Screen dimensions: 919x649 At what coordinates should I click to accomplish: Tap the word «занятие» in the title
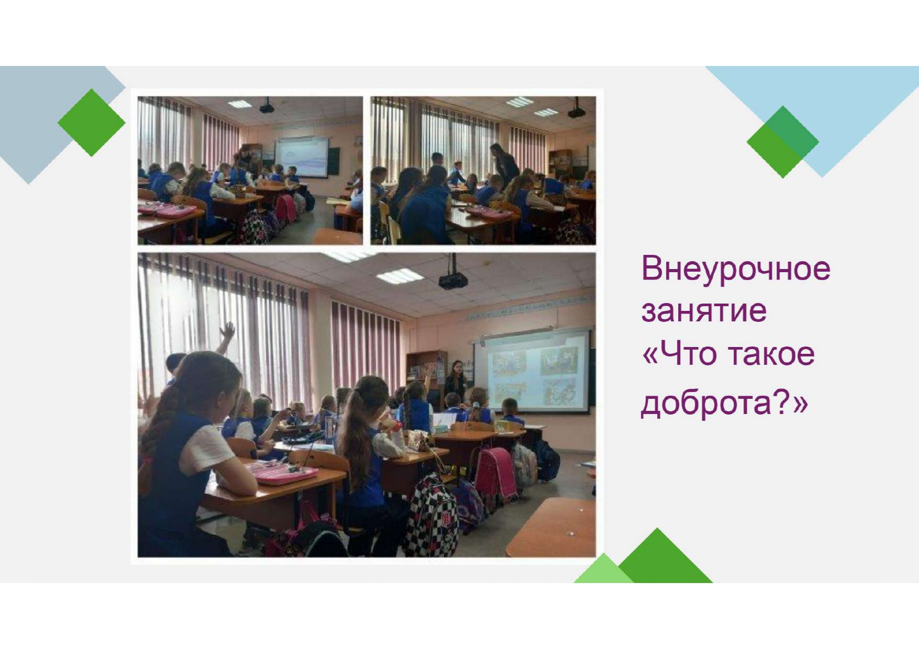pyautogui.click(x=704, y=310)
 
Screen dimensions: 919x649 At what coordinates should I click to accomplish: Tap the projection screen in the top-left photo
pyautogui.click(x=302, y=156)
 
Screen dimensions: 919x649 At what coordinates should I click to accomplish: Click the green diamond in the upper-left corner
pyautogui.click(x=92, y=123)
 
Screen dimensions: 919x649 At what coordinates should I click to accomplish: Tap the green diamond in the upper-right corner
pyautogui.click(x=783, y=142)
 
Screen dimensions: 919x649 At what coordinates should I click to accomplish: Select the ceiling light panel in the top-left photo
pyautogui.click(x=240, y=104)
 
